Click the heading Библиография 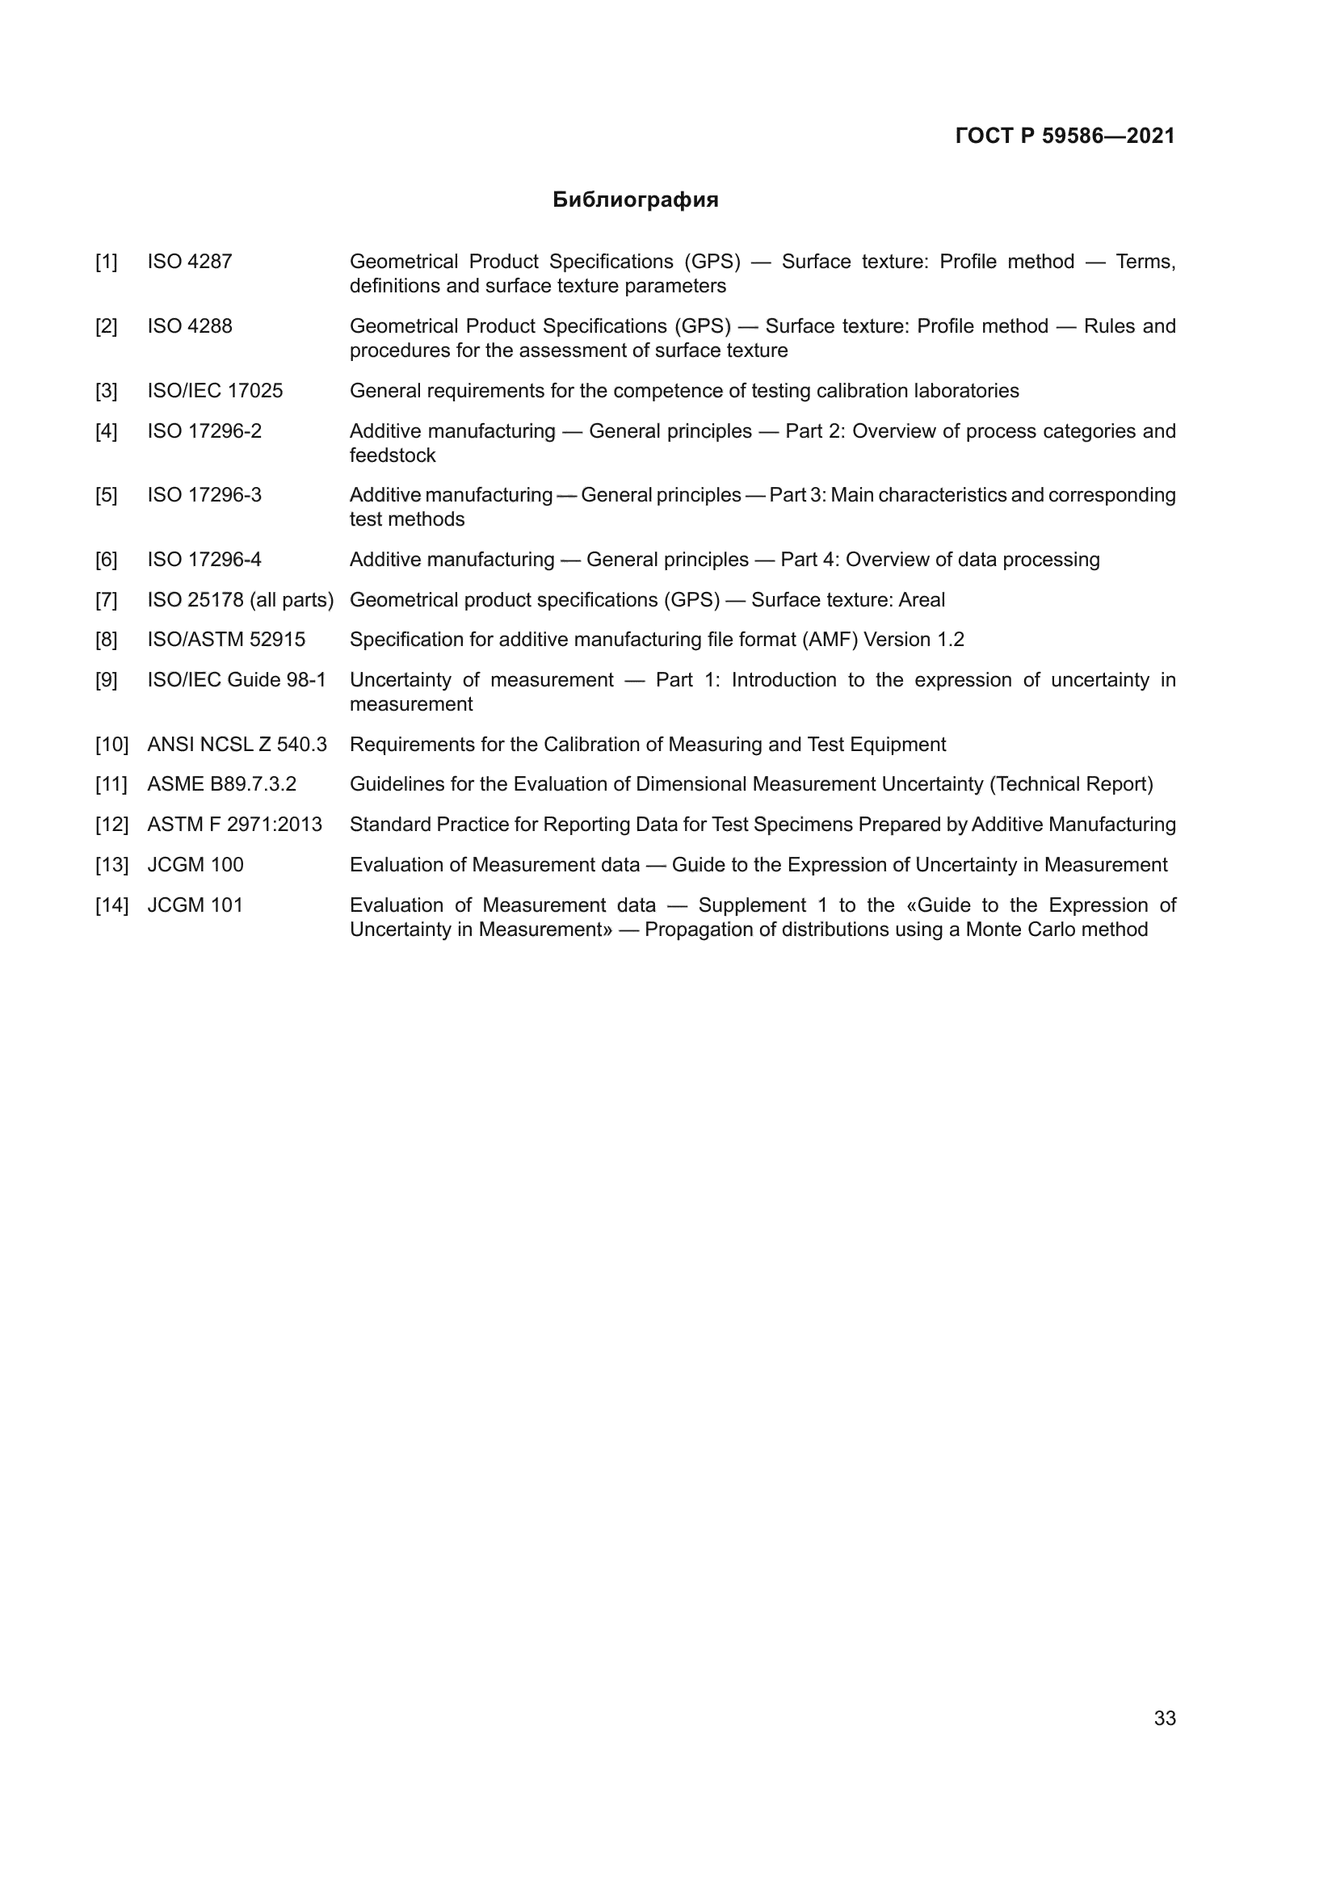635,200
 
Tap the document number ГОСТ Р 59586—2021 1065,136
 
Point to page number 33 1165,1719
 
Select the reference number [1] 106,262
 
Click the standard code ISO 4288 189,326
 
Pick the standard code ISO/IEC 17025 215,391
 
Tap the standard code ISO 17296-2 204,431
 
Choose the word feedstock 393,455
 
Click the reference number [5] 106,495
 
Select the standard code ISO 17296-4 204,560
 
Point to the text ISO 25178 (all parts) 240,601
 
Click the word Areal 922,601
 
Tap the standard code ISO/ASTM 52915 226,640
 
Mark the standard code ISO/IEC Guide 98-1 237,680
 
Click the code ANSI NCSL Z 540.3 237,745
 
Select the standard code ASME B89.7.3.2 221,784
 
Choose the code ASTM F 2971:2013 234,825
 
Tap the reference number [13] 112,865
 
